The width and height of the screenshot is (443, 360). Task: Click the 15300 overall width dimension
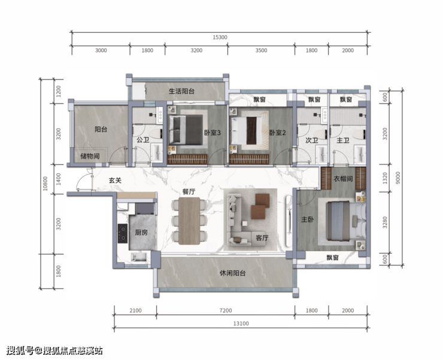point(220,37)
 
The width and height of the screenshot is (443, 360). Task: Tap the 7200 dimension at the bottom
point(226,310)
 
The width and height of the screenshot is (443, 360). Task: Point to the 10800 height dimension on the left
point(45,184)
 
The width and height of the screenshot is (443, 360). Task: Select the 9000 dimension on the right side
point(398,178)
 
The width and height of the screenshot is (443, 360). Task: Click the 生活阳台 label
point(181,91)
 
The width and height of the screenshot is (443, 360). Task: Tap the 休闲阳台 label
point(233,273)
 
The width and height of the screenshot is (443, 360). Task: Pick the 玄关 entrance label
point(116,180)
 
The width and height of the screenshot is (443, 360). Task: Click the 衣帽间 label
point(343,179)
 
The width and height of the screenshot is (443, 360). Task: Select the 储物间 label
point(90,156)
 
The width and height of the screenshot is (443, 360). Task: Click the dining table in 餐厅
point(189,221)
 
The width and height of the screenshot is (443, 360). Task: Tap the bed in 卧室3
point(186,130)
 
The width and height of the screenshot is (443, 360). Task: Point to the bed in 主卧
point(347,221)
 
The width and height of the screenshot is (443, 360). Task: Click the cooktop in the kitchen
point(123,233)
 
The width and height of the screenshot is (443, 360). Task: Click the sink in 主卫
point(360,154)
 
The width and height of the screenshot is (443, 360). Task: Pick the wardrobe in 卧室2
point(249,159)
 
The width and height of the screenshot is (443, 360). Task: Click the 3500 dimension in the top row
point(261,50)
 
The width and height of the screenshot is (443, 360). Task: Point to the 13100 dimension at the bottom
point(241,324)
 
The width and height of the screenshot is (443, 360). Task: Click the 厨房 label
point(141,233)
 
